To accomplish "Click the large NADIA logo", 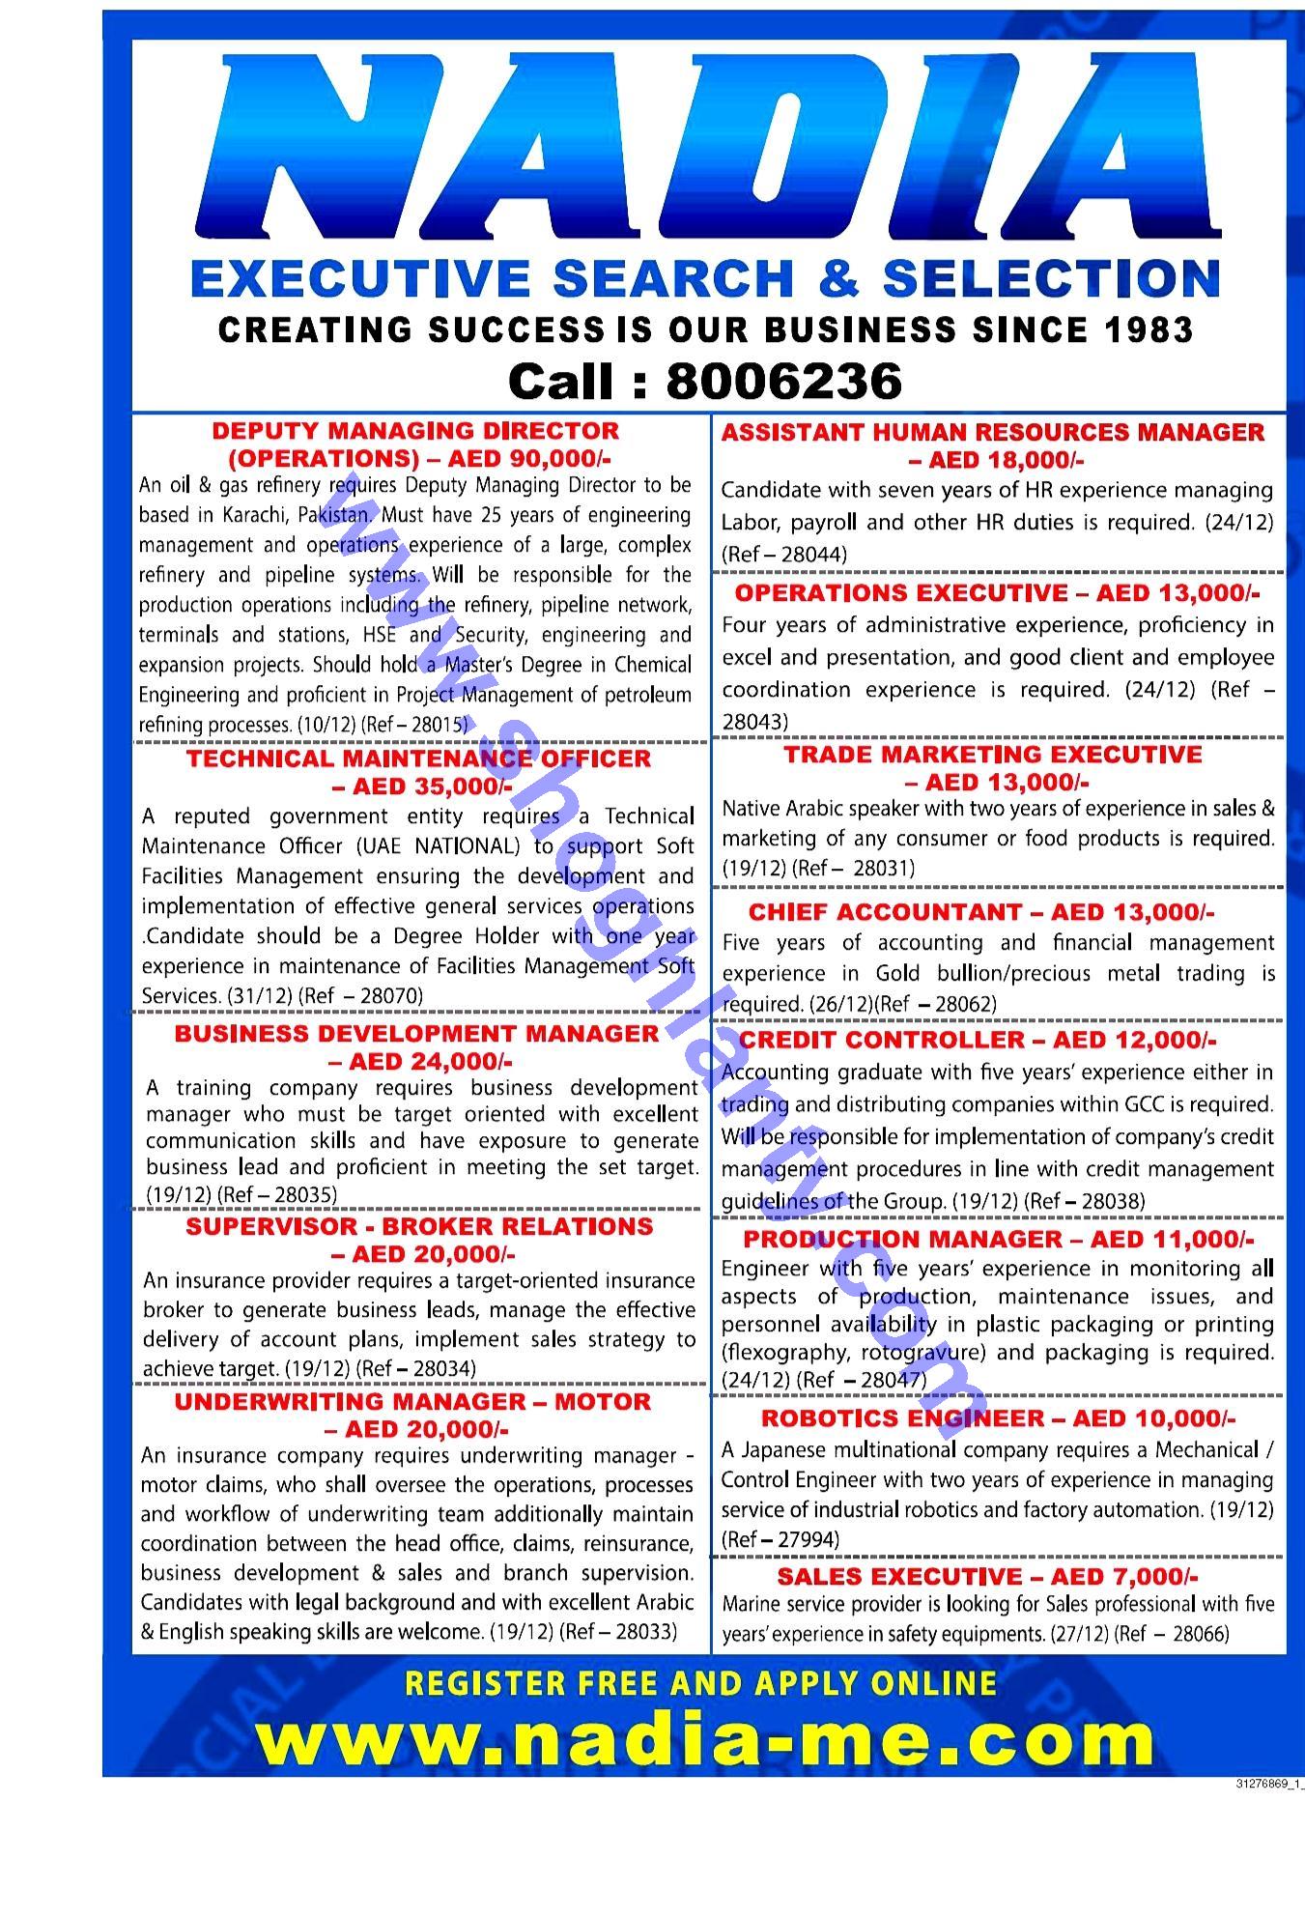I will pyautogui.click(x=710, y=145).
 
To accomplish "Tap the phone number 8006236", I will pyautogui.click(x=783, y=382).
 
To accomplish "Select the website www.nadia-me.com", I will pyautogui.click(x=706, y=1739).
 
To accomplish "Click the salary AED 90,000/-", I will pyautogui.click(x=529, y=458).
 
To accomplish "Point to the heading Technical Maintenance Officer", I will pyautogui.click(x=418, y=758).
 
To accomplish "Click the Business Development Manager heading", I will pyautogui.click(x=416, y=1033).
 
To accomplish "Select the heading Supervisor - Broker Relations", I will pyautogui.click(x=419, y=1227).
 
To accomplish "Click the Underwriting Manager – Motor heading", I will pyautogui.click(x=412, y=1402).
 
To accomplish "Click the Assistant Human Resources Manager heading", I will pyautogui.click(x=992, y=432).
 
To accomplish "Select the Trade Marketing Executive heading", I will pyautogui.click(x=993, y=755).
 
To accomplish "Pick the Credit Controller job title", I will pyautogui.click(x=882, y=1040).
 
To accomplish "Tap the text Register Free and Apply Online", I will pyautogui.click(x=700, y=1683).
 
